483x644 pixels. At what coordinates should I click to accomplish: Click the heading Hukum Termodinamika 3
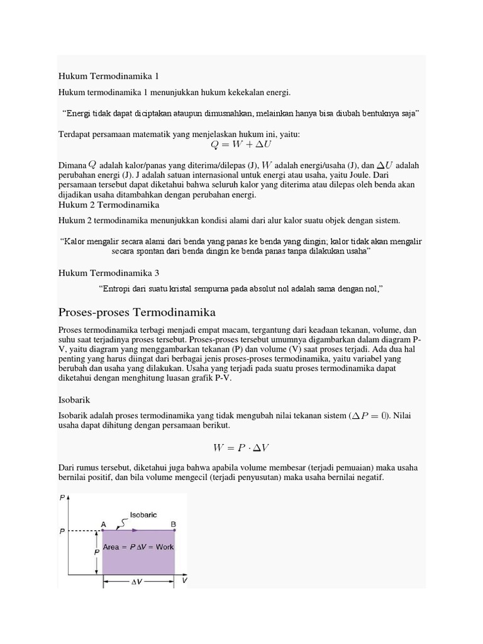pyautogui.click(x=109, y=272)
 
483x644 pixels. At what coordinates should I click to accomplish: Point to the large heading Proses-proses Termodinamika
pyautogui.click(x=136, y=312)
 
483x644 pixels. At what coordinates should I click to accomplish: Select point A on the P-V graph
pyautogui.click(x=103, y=523)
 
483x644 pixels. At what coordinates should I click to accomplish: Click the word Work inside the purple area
pyautogui.click(x=165, y=547)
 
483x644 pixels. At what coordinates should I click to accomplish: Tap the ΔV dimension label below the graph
pyautogui.click(x=137, y=582)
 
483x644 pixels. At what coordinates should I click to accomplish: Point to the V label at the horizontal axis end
pyautogui.click(x=184, y=580)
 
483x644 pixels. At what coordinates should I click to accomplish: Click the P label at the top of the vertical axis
pyautogui.click(x=62, y=498)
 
